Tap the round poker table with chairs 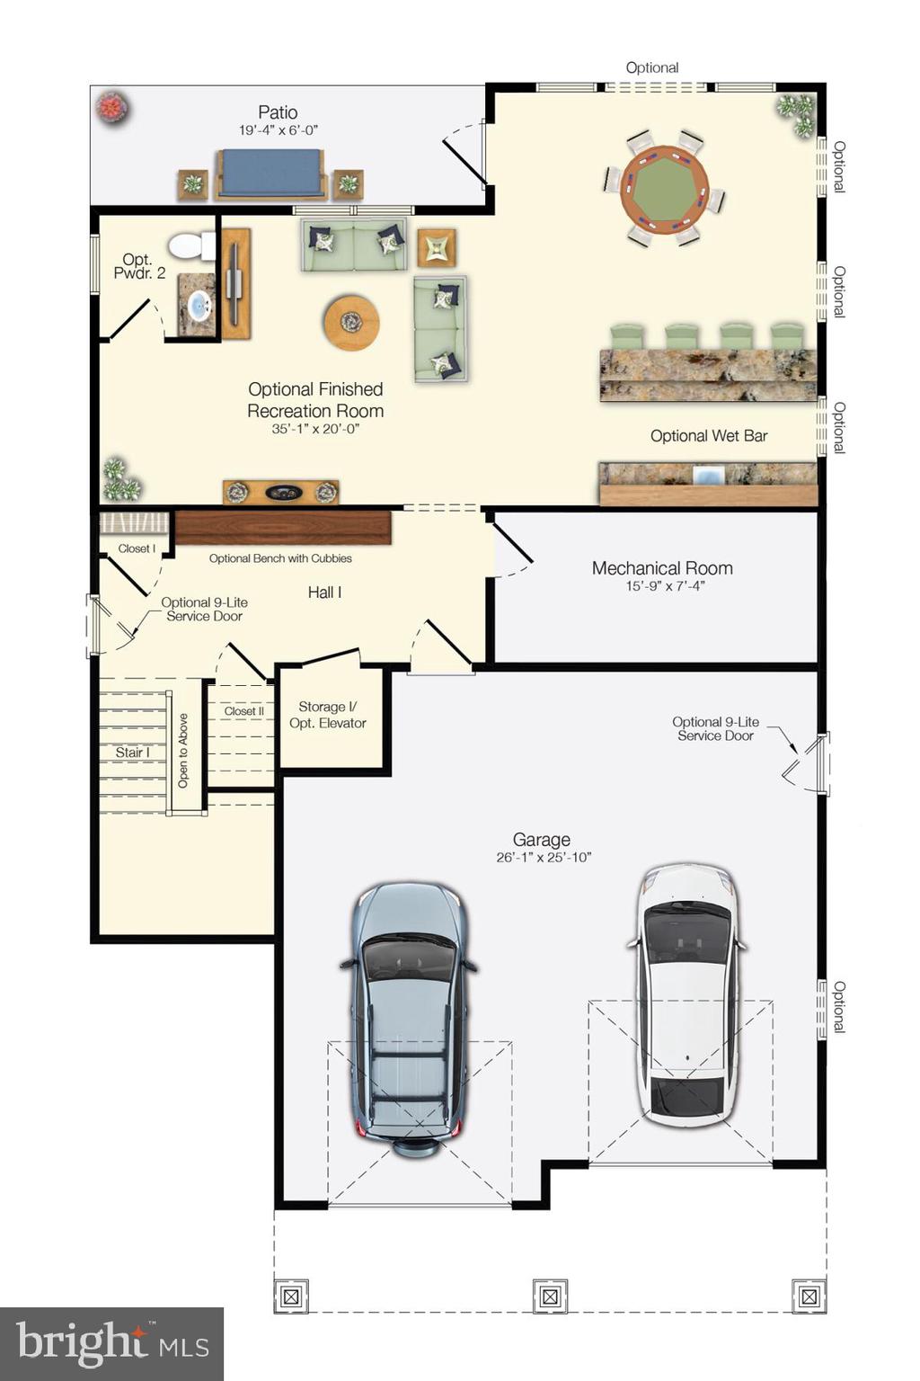tap(665, 188)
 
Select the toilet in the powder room tap(191, 245)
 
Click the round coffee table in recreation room tap(351, 322)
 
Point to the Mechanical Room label tap(662, 568)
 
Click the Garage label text tap(541, 840)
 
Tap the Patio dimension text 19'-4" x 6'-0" tap(278, 130)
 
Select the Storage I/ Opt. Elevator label tap(328, 715)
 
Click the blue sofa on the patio tap(270, 173)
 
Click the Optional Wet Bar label tap(708, 436)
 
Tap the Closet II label tap(243, 711)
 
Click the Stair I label tap(132, 753)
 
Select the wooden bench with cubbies tap(283, 528)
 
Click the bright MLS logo tap(111, 1343)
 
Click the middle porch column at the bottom tap(550, 1296)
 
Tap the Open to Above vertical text tap(183, 751)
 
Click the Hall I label tap(324, 592)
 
